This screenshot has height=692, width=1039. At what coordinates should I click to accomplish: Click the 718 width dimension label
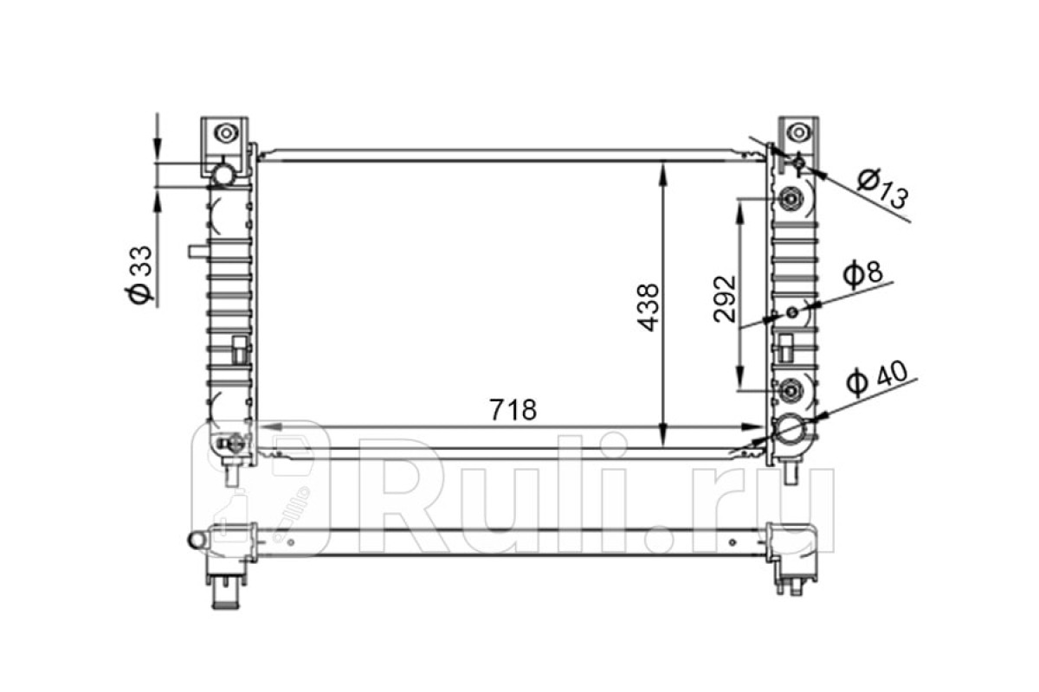[513, 410]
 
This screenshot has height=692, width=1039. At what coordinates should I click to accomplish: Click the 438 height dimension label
[648, 307]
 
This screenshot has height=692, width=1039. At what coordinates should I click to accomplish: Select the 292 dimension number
[725, 299]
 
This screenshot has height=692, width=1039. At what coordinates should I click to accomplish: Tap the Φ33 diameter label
[139, 274]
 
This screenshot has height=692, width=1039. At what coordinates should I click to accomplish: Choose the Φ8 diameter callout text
[862, 274]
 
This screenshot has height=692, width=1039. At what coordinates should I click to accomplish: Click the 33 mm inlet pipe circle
[223, 176]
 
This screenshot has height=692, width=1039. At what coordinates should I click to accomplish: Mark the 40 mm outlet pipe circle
[791, 429]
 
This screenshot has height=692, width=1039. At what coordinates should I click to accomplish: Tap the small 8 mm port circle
[793, 312]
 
